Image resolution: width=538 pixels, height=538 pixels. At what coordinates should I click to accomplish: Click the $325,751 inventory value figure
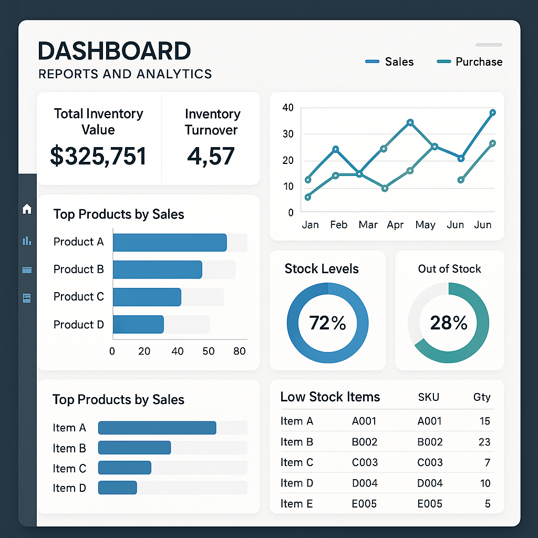[x=98, y=156]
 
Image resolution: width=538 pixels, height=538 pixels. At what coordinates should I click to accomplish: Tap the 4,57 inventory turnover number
[x=211, y=156]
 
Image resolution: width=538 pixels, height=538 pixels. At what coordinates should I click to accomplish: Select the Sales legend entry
[x=389, y=62]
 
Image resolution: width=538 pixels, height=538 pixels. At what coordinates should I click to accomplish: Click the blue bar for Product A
[x=170, y=242]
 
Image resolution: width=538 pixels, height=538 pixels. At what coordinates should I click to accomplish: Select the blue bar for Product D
[x=138, y=325]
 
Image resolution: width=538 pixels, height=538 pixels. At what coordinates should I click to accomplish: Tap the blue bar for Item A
[x=157, y=428]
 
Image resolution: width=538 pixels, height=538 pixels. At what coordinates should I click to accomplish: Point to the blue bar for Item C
[x=125, y=468]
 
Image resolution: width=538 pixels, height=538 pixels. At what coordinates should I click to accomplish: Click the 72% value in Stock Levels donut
[x=327, y=323]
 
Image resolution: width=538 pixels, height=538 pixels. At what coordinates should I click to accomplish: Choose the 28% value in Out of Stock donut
[x=449, y=323]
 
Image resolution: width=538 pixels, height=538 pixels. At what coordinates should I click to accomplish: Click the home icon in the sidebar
[x=27, y=210]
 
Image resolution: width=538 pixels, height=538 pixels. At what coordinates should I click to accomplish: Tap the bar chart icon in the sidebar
[x=27, y=241]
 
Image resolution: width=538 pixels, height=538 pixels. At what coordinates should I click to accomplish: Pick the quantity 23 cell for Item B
[x=484, y=442]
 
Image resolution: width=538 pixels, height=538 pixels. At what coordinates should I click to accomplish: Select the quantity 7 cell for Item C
[x=487, y=462]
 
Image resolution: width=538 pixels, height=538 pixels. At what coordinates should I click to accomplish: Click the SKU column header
[x=429, y=397]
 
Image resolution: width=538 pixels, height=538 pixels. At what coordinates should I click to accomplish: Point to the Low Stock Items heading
[x=330, y=397]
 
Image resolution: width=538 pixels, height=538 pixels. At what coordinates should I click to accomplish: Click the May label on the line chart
[x=425, y=225]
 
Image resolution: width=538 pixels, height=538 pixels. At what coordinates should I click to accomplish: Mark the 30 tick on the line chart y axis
[x=288, y=134]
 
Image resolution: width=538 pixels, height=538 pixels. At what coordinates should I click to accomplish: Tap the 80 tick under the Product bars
[x=240, y=351]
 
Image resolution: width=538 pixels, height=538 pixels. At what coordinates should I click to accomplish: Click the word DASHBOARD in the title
[x=115, y=51]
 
